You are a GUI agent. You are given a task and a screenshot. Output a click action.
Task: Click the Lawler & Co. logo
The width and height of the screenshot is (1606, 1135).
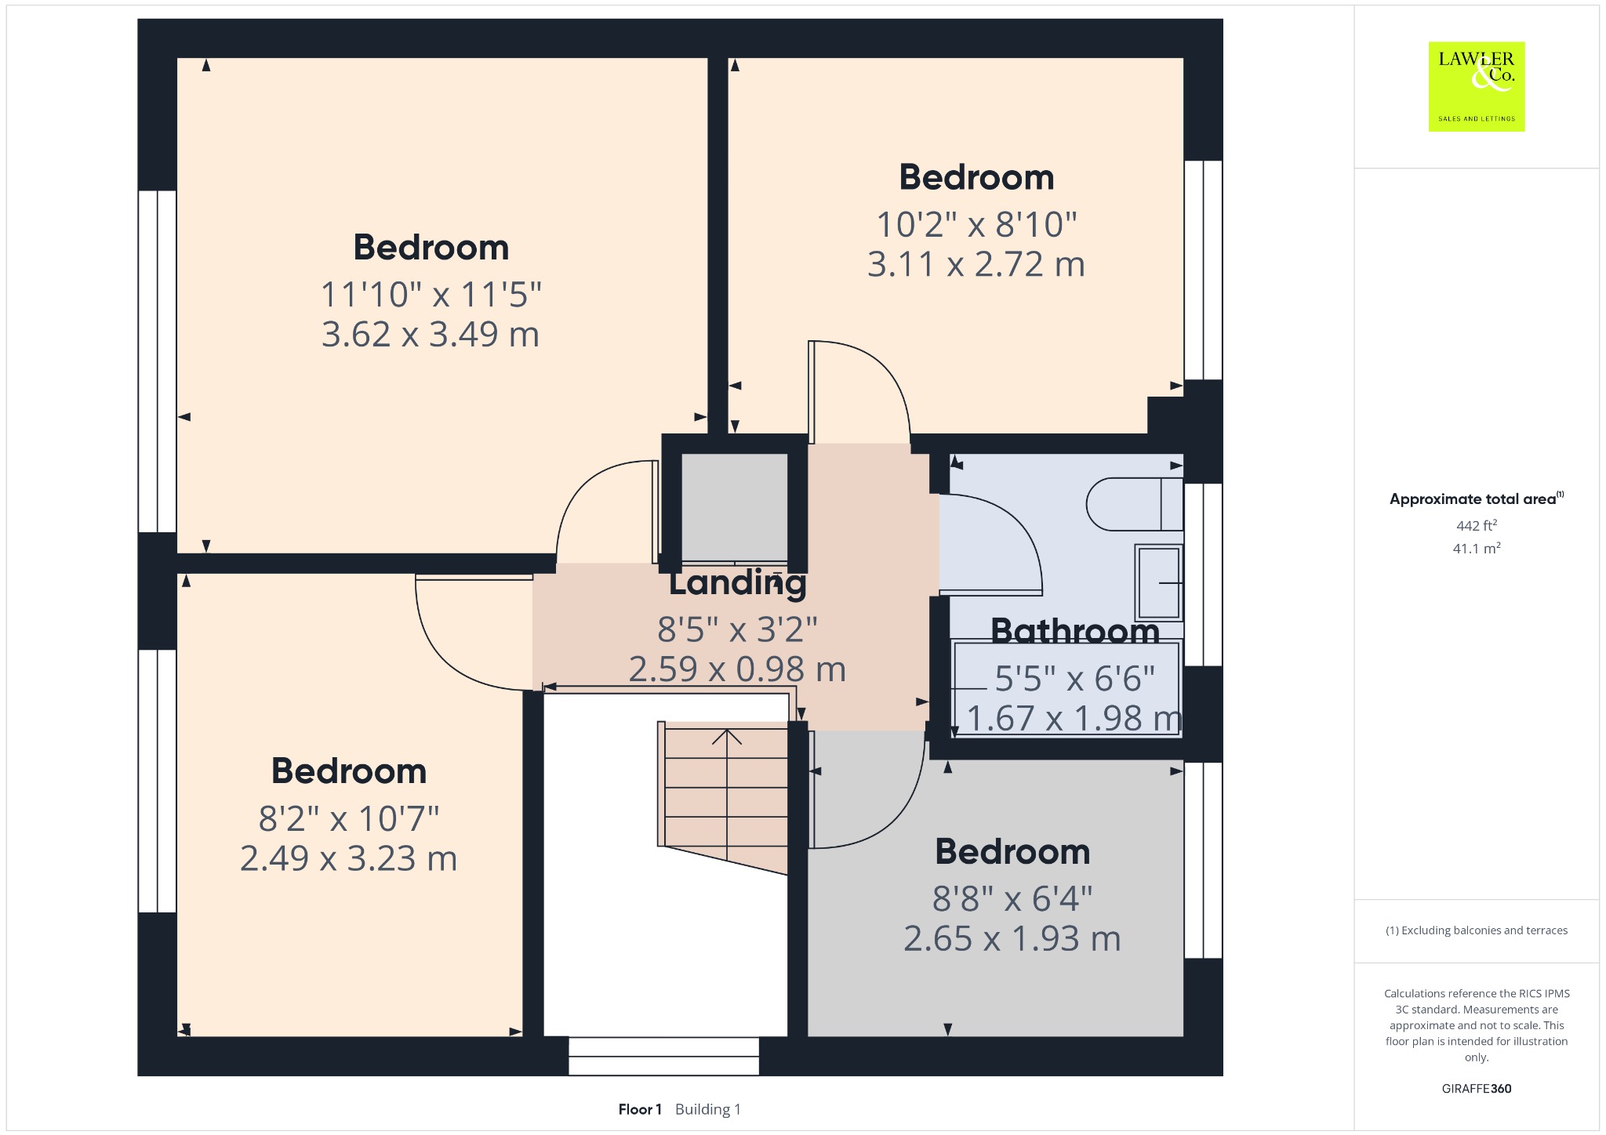[1477, 86]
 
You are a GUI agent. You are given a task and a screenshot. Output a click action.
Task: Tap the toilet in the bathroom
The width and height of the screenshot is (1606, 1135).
[1135, 504]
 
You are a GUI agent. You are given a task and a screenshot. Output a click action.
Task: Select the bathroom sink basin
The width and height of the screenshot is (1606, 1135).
[1159, 582]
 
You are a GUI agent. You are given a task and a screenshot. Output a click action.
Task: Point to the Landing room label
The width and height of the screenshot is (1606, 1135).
[737, 583]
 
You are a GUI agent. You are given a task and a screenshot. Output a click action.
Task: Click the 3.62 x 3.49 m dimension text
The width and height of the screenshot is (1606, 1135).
[431, 335]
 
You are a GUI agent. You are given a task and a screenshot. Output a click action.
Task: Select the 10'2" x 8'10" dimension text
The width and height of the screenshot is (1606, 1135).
[976, 225]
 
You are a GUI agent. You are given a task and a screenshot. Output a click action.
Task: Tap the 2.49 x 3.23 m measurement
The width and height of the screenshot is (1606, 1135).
[349, 858]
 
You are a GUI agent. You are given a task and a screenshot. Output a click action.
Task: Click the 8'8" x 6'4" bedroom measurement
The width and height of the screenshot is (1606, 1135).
[1012, 899]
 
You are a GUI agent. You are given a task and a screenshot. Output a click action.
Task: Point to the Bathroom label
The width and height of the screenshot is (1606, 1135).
[1075, 632]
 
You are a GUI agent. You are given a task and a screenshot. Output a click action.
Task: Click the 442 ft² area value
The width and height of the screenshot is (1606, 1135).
[1477, 525]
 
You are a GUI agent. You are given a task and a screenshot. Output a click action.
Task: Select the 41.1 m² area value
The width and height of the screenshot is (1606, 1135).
[1477, 548]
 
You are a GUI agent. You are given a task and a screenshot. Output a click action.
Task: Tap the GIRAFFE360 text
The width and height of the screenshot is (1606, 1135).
[1477, 1088]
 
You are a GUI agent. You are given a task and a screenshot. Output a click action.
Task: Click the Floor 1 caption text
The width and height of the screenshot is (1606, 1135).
[640, 1109]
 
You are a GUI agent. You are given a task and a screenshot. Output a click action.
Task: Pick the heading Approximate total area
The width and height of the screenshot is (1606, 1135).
[1473, 499]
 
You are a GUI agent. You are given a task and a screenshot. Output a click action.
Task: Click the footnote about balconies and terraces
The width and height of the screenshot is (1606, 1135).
[1477, 930]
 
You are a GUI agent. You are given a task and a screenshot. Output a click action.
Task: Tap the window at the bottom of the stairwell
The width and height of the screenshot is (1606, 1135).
[663, 1057]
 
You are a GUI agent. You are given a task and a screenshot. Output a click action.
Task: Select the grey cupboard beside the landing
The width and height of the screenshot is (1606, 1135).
[735, 508]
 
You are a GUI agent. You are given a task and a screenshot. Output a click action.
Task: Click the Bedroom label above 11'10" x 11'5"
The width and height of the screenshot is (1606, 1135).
[431, 248]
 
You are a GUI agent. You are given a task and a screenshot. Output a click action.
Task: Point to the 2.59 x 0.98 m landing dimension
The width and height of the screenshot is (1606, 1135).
[737, 669]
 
